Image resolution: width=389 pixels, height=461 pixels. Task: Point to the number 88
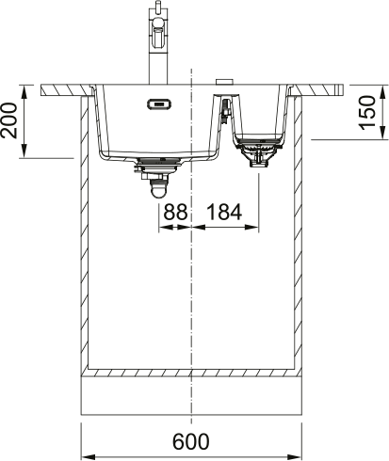(x=175, y=213)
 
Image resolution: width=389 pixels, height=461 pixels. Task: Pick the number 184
(x=223, y=213)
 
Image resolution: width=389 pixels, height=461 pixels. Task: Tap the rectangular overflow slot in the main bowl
(x=158, y=104)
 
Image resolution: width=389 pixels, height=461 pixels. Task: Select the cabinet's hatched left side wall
(x=85, y=235)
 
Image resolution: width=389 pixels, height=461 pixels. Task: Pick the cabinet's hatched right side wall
(x=300, y=235)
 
